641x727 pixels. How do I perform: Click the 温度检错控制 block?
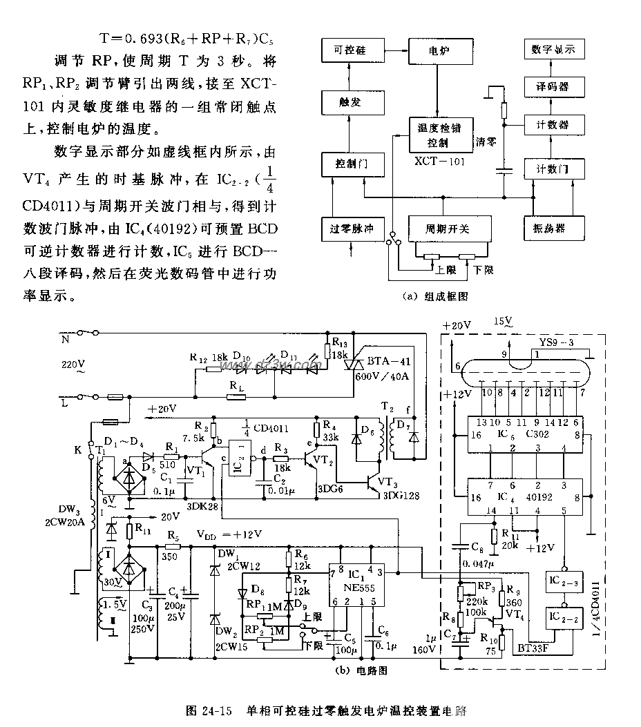click(x=439, y=135)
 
